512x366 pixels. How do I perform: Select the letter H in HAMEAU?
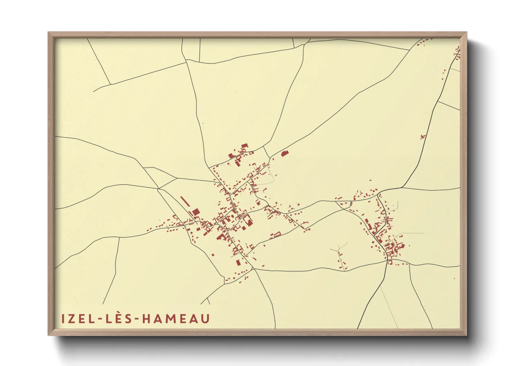pos(147,319)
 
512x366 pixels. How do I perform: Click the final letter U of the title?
pos(205,319)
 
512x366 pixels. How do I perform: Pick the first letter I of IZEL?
pos(63,319)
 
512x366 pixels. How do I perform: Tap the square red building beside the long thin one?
pos(195,212)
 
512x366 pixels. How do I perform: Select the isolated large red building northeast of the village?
pos(285,153)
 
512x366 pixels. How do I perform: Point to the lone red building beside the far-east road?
pos(422,137)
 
